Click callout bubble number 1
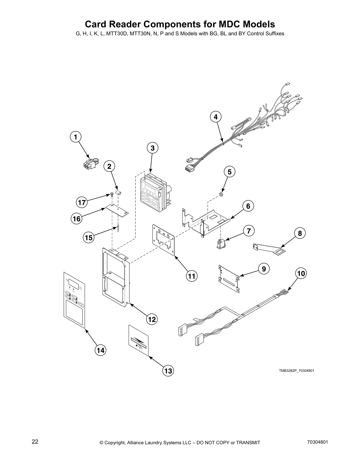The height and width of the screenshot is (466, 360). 76,137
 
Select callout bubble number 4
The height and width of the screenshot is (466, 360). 216,116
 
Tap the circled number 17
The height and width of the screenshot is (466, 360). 81,202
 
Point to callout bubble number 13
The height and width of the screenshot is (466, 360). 168,371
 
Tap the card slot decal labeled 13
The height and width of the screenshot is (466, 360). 139,340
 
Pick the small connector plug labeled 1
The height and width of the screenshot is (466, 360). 89,164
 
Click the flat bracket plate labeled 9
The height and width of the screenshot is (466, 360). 229,277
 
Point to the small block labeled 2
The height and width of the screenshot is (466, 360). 119,193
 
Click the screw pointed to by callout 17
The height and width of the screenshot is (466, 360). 112,194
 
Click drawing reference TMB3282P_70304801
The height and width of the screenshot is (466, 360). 296,370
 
